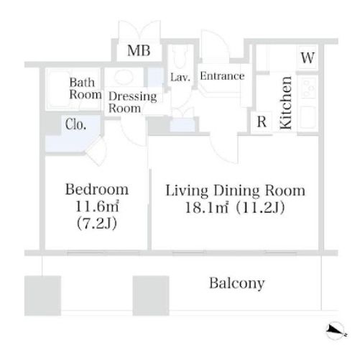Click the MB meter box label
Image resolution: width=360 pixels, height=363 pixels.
click(x=139, y=51)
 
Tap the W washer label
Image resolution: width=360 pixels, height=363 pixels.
click(x=308, y=58)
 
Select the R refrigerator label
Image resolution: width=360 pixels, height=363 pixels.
click(x=262, y=121)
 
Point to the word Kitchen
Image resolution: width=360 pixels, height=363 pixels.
click(x=286, y=103)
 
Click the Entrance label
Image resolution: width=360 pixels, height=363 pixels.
click(x=222, y=76)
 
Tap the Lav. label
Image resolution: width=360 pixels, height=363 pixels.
click(x=180, y=77)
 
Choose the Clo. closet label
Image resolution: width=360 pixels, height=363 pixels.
click(x=75, y=124)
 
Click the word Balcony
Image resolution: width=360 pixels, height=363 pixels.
click(x=237, y=283)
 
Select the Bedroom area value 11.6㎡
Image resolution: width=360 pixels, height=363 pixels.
click(x=97, y=206)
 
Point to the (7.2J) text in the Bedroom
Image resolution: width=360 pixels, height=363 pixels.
click(x=97, y=224)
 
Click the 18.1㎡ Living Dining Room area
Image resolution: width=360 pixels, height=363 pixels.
click(x=206, y=208)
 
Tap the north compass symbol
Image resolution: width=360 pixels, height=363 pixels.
click(x=336, y=331)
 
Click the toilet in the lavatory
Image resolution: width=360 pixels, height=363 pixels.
click(x=180, y=57)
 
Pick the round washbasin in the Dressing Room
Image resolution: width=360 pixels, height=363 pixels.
click(x=124, y=76)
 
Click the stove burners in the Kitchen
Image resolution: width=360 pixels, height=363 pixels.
click(x=308, y=88)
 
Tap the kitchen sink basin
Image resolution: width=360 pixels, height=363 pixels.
click(x=308, y=117)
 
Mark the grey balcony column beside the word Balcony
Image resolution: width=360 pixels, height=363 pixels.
click(x=151, y=295)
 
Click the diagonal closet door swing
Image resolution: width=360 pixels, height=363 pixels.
click(x=96, y=151)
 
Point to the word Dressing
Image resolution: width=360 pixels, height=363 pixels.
click(x=133, y=96)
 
